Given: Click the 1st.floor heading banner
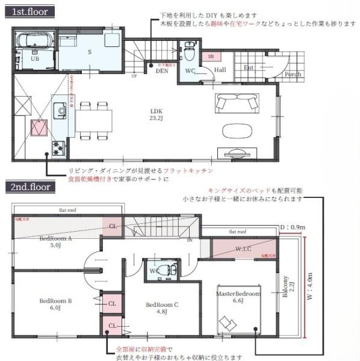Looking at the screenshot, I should click(x=29, y=11).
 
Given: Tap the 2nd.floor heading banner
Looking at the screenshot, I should click(x=31, y=187).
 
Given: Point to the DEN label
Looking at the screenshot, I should click(x=161, y=70).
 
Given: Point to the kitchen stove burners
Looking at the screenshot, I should click(x=59, y=145).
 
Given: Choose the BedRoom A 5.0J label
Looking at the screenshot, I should click(x=55, y=241).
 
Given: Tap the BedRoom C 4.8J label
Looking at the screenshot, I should click(x=162, y=308).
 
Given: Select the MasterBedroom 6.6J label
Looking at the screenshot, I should click(x=238, y=297).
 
